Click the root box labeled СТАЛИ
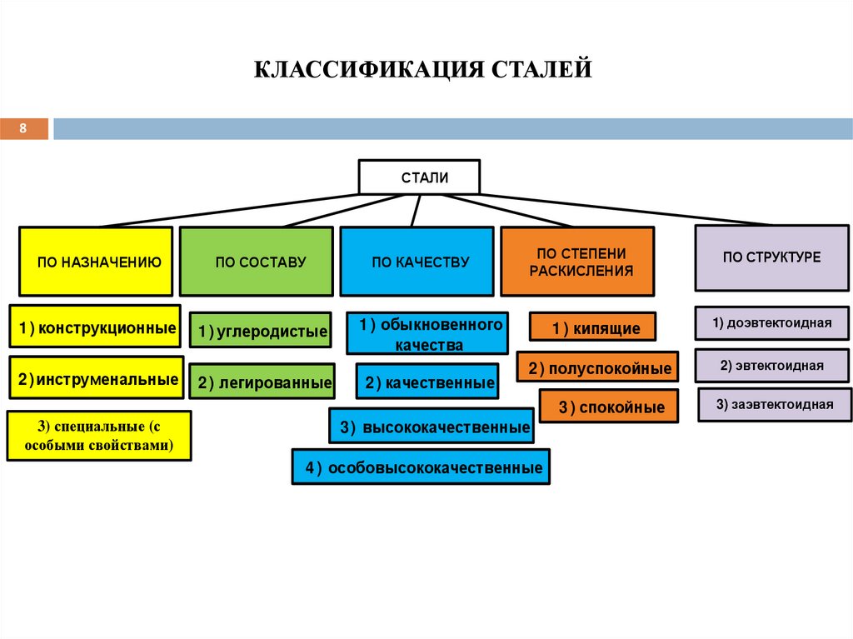coord(419,177)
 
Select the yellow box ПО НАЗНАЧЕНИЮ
coord(96,262)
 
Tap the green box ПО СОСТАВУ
coord(257,262)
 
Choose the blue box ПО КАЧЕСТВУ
coord(417,262)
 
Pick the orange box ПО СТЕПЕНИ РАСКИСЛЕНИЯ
coord(576,262)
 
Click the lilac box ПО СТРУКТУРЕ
coord(772,257)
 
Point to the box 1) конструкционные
coord(97,328)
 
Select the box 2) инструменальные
coord(97,379)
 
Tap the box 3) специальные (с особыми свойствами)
coord(98,436)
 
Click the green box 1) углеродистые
coord(260,332)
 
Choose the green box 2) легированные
coord(262,383)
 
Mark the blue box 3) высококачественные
coord(431,427)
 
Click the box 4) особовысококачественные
coord(421,467)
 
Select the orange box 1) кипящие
coord(592,327)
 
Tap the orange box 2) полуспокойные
coord(597,367)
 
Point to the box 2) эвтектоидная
coord(772,365)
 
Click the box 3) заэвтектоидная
coord(774,405)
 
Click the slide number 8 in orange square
coord(23,128)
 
